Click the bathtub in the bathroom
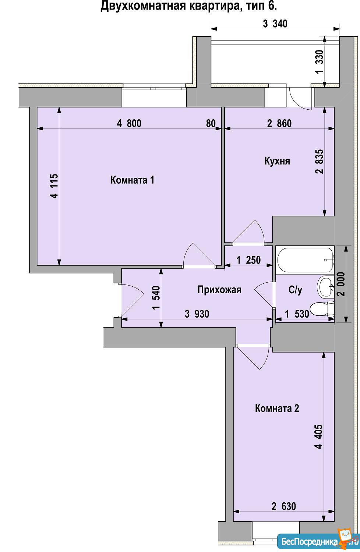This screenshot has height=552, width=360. [305, 260]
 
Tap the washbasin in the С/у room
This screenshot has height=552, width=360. [325, 287]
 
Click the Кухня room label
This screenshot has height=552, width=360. [277, 161]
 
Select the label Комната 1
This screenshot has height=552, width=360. [132, 180]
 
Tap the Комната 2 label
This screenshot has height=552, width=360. [277, 408]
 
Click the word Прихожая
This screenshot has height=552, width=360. [219, 290]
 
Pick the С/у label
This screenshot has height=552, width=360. [295, 290]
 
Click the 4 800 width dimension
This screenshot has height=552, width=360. [129, 123]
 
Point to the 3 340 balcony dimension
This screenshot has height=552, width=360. [275, 24]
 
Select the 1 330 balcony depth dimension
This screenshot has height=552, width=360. [319, 62]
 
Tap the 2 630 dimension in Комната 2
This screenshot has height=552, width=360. [283, 506]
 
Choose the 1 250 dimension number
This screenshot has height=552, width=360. [248, 260]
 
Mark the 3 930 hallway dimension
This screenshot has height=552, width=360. [197, 314]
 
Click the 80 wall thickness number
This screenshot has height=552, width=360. [211, 123]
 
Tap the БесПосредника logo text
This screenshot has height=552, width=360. [310, 542]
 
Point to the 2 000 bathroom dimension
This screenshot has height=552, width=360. [342, 284]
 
